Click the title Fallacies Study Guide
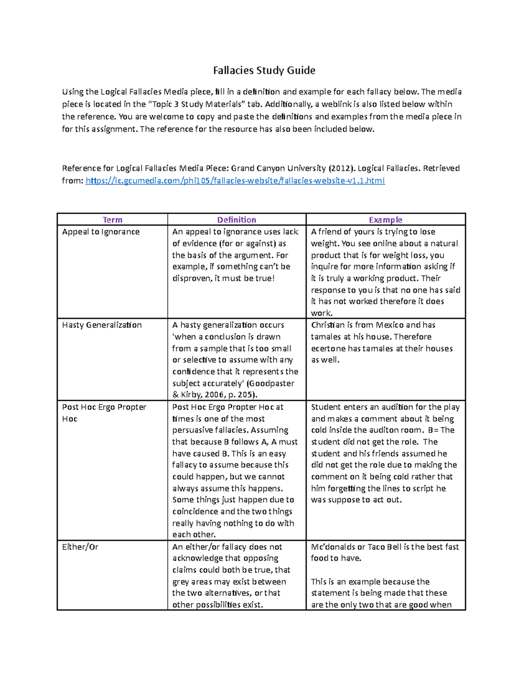coord(264,70)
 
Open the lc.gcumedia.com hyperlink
coord(235,181)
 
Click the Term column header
coord(112,220)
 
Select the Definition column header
coord(236,220)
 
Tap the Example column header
coord(385,220)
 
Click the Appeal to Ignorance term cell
coord(101,232)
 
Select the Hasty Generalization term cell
coord(102,325)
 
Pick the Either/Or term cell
coord(80,547)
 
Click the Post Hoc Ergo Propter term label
coord(104,407)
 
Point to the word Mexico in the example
coord(390,325)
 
